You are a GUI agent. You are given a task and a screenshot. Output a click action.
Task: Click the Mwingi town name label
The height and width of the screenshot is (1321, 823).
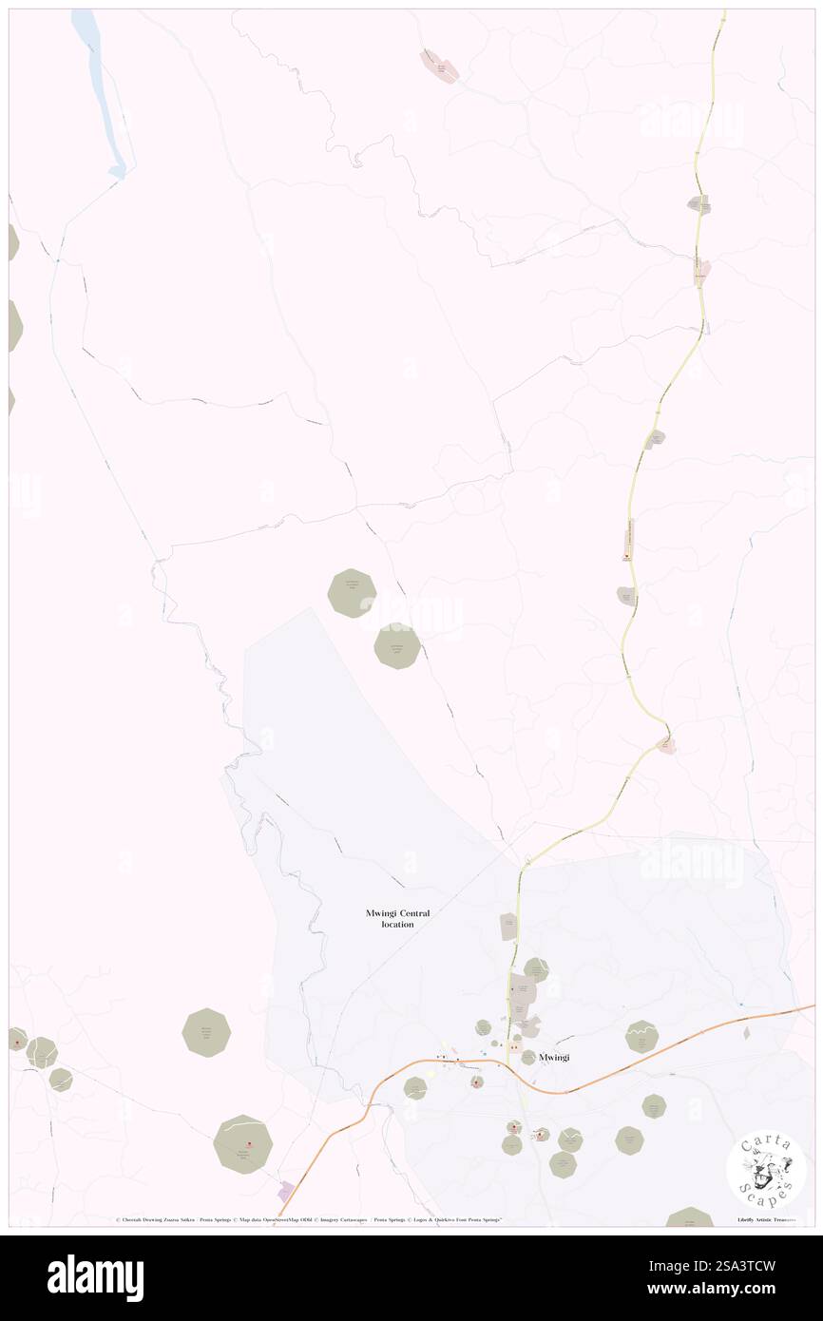tap(553, 1057)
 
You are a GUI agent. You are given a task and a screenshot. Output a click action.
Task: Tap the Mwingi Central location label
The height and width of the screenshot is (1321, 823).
tap(397, 918)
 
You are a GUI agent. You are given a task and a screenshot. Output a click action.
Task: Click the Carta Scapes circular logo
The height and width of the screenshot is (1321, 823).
tap(766, 1169)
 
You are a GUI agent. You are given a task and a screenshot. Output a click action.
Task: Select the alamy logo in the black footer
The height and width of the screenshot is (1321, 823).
tap(96, 1277)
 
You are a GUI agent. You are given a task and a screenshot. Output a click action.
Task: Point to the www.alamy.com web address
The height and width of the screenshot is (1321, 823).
tap(722, 1290)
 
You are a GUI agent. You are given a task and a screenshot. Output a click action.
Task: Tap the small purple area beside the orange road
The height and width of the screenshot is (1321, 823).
tap(285, 1190)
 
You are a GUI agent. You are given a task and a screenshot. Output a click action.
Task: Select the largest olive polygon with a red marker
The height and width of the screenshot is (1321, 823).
tap(244, 1144)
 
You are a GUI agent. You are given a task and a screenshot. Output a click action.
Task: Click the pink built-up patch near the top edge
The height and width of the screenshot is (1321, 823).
tap(439, 65)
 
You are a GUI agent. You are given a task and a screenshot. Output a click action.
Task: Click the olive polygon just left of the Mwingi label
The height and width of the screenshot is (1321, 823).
tap(528, 1057)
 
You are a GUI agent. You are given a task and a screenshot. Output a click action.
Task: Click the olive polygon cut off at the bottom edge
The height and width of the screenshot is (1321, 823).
tap(690, 1216)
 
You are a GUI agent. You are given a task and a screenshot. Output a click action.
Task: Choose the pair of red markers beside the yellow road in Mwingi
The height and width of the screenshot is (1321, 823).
tap(513, 1047)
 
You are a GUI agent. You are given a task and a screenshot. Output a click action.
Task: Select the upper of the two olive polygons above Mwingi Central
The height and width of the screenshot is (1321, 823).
tap(352, 593)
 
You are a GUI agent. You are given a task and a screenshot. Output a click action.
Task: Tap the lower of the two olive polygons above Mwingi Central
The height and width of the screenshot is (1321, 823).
tap(397, 646)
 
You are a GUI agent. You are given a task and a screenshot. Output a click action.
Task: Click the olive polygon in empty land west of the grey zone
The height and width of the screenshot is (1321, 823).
tap(206, 1032)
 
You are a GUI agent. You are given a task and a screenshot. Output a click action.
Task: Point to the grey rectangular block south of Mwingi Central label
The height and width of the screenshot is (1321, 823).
tap(508, 927)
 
